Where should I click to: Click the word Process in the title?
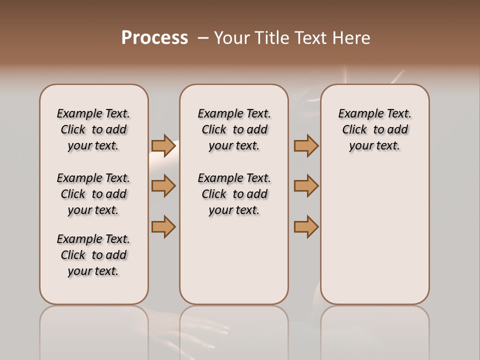point(154,38)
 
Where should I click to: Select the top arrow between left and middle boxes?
point(163,145)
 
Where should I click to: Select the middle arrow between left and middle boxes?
point(163,186)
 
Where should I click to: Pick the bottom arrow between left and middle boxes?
point(163,226)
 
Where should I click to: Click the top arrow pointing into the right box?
point(306,145)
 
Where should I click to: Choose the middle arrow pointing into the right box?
point(306,186)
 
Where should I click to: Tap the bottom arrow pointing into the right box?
point(306,226)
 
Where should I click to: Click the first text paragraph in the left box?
point(93,129)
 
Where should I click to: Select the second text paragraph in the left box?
point(93,194)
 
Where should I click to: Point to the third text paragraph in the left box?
point(93,255)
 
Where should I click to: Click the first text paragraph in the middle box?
point(234,129)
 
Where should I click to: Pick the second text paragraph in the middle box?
point(234,194)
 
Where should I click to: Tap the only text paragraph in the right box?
point(374,129)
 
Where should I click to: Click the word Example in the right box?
point(358,114)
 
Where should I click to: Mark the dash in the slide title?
point(202,38)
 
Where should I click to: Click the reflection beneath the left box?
point(93,330)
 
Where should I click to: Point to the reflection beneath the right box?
point(374,330)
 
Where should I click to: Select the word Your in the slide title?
point(232,38)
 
